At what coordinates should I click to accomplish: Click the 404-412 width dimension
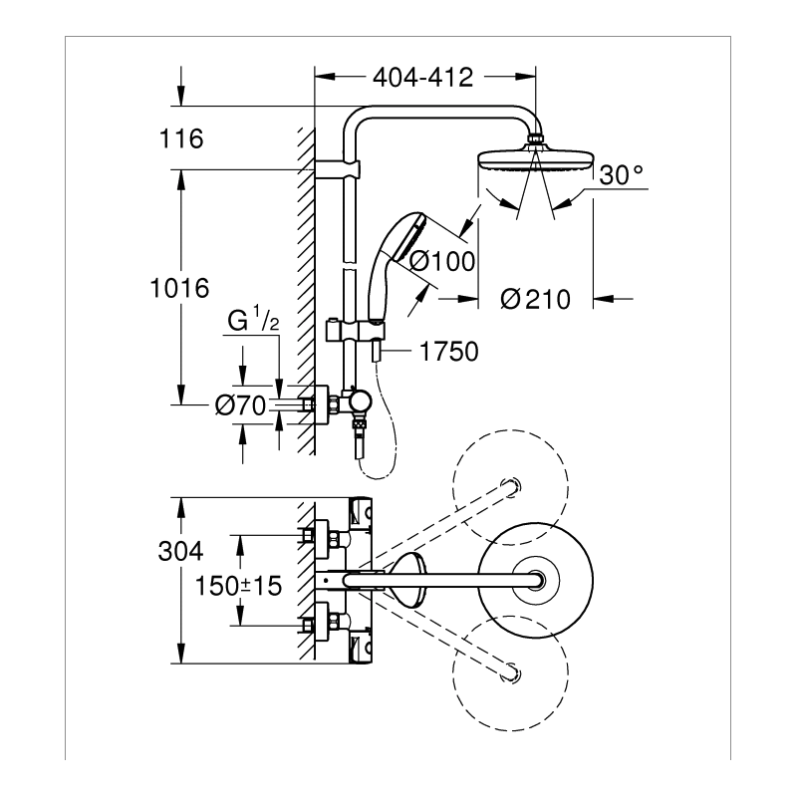pos(422,78)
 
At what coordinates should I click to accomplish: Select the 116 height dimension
pos(181,138)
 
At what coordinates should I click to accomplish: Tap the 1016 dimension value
pos(179,288)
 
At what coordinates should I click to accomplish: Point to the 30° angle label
pos(621,174)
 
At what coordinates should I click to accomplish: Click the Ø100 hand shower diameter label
pos(442,261)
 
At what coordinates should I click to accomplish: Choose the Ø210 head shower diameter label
pos(535,299)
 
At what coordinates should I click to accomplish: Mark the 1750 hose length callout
pos(449,352)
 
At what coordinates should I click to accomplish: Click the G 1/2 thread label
pos(253,319)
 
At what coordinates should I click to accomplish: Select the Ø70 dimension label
pos(240,405)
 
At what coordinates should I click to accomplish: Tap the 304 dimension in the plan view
pos(180,551)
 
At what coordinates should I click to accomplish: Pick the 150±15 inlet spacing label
pos(238,586)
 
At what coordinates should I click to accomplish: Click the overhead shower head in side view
pos(536,158)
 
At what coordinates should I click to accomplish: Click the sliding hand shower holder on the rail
pos(355,331)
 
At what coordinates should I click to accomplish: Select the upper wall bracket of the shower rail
pos(337,169)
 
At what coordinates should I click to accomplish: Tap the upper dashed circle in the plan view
pos(510,487)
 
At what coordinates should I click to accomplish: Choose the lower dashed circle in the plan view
pos(510,673)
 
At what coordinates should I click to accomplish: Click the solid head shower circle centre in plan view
pos(536,580)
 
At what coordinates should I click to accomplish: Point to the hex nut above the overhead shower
pos(536,139)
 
